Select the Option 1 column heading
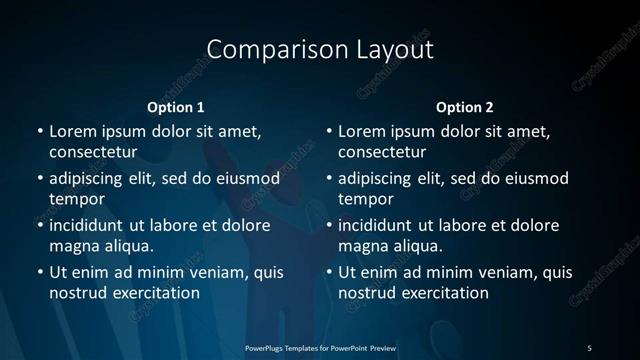[176, 107]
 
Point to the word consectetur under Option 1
[93, 153]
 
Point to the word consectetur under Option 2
[383, 153]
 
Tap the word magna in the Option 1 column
[72, 245]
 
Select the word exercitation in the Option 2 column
[443, 293]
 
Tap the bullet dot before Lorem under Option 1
[40, 131]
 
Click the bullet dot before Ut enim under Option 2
[329, 272]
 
